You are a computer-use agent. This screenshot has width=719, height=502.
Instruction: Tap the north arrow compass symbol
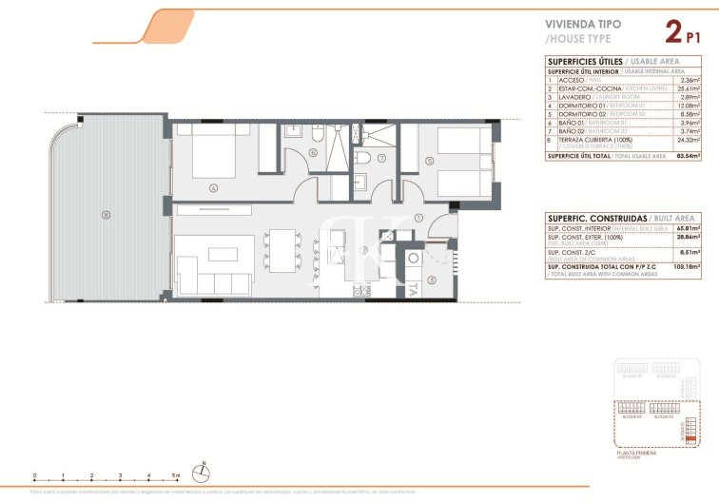point(203,469)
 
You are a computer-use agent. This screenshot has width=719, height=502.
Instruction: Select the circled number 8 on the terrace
point(106,213)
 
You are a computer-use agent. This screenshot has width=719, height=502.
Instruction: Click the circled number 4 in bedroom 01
point(215,187)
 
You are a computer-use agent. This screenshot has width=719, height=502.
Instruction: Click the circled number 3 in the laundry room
point(431,279)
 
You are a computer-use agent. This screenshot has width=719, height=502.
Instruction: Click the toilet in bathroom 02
point(361,158)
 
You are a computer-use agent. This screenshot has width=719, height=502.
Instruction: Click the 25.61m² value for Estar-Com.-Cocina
point(687,88)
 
